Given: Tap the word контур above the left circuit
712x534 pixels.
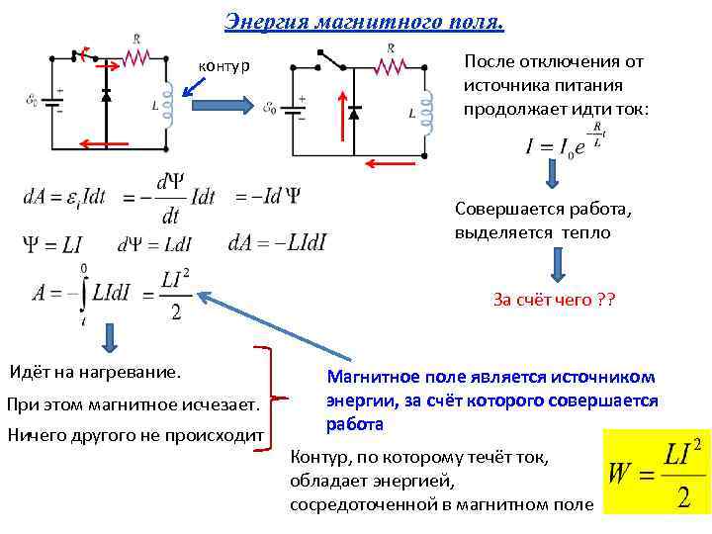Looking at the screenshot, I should pyautogui.click(x=224, y=65).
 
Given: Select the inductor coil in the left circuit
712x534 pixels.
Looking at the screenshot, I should pyautogui.click(x=167, y=104).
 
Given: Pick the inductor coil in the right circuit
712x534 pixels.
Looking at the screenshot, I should pyautogui.click(x=427, y=113).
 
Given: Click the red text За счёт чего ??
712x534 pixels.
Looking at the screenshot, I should pyautogui.click(x=554, y=300).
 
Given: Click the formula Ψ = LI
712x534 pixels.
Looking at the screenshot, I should pyautogui.click(x=52, y=243).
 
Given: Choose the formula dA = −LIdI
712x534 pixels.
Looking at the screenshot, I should pyautogui.click(x=277, y=243).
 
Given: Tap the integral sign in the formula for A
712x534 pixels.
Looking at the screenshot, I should pyautogui.click(x=84, y=294).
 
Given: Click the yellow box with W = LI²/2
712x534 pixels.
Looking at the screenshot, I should pyautogui.click(x=657, y=472).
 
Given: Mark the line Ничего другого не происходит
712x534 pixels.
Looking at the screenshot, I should pyautogui.click(x=135, y=434).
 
